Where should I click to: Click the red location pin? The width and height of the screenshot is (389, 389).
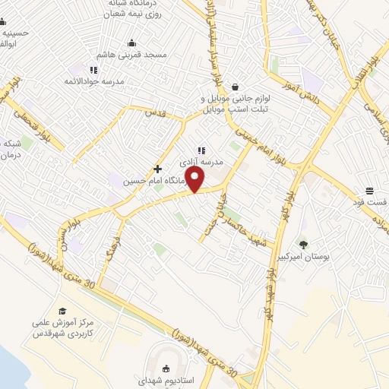pos(195,179)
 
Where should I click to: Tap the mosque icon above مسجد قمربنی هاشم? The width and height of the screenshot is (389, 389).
pos(131,43)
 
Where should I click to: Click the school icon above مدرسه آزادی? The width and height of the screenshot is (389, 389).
pos(201,150)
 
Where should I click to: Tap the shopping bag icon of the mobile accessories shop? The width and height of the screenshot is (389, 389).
pos(236,87)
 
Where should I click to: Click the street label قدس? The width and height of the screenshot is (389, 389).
pos(155,112)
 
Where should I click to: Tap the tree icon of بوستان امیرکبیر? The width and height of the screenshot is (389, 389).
pos(304,245)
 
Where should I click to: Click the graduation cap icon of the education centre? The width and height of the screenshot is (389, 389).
pos(62,311)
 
